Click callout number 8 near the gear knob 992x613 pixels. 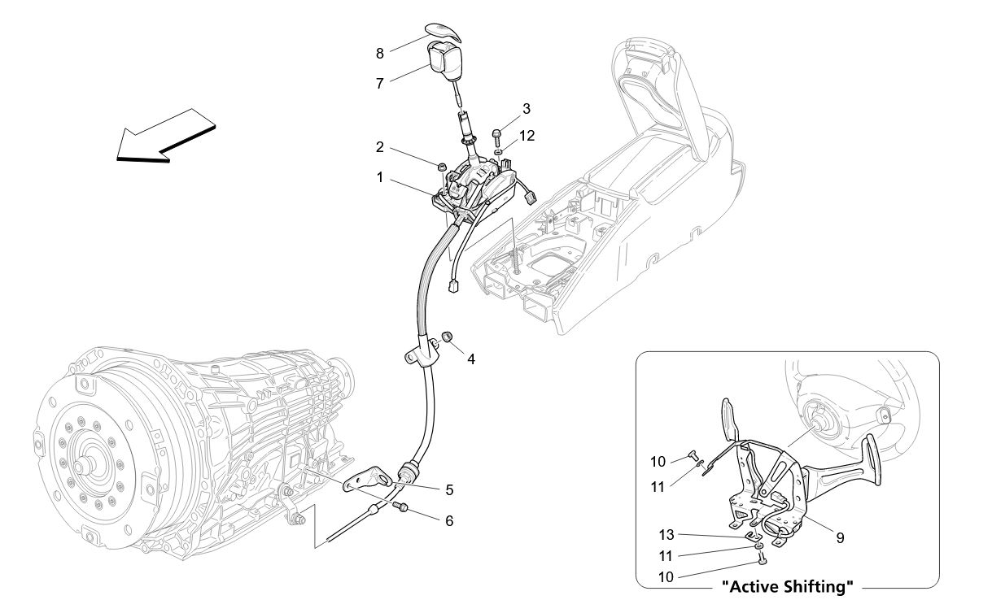coord(380,53)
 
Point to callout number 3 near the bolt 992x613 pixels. coord(527,108)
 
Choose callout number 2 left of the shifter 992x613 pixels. coord(380,147)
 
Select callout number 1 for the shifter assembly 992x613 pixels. coord(380,176)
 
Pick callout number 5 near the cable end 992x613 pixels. coord(449,490)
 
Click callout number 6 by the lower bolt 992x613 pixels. coord(449,520)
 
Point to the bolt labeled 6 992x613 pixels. coord(400,507)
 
